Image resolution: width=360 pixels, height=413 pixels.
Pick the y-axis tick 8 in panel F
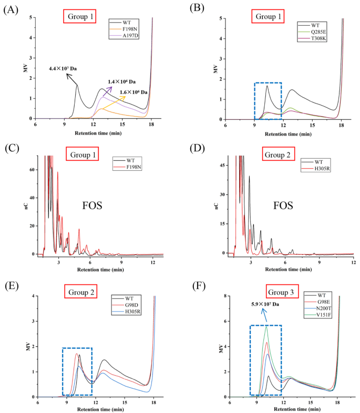coord(223,296)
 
